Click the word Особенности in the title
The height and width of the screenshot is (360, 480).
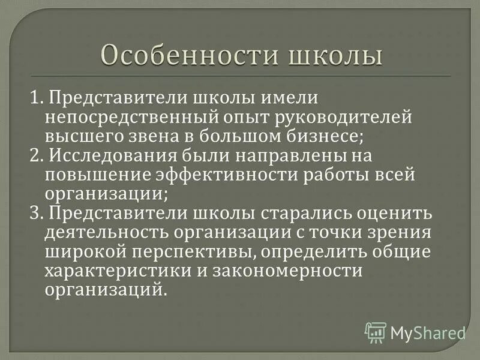[183, 56]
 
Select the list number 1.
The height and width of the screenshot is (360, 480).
[35, 98]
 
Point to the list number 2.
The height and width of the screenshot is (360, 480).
[35, 156]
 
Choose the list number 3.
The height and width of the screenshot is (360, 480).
[35, 214]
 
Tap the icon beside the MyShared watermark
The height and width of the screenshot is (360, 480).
[376, 332]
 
